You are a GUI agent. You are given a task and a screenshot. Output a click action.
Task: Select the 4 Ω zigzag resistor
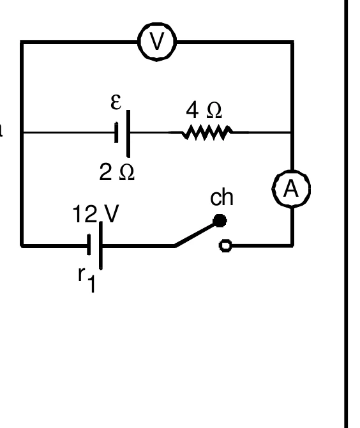(207, 132)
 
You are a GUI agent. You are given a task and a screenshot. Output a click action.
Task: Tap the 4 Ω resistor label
(204, 111)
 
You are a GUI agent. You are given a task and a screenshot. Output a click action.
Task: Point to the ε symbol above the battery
(116, 102)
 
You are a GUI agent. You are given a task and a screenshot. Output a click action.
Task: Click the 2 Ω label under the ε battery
(117, 172)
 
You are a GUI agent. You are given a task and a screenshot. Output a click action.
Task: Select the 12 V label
(96, 213)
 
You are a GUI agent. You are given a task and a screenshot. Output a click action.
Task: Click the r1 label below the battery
(87, 279)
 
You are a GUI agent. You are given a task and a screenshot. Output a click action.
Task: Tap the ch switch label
(221, 197)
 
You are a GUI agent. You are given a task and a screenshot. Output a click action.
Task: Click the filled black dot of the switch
(220, 220)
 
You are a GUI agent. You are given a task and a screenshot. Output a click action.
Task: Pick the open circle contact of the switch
(225, 246)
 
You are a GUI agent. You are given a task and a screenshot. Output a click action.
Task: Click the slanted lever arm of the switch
(196, 234)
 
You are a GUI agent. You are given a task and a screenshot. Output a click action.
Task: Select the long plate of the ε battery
(128, 134)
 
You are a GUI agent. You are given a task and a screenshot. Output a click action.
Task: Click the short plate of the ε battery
(116, 133)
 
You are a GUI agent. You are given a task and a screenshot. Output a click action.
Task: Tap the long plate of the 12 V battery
(101, 245)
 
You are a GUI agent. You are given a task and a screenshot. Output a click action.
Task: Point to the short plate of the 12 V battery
(89, 245)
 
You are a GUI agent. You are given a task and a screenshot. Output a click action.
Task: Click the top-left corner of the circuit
(22, 42)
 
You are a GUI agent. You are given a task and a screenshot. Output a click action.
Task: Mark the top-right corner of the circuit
(292, 42)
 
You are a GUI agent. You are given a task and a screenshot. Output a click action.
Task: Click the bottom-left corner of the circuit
(22, 246)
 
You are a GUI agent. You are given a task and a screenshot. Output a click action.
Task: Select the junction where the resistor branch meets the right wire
(292, 132)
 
